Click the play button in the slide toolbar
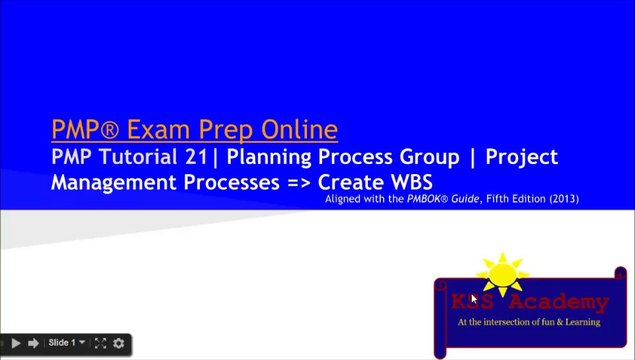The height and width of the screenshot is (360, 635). tap(15, 343)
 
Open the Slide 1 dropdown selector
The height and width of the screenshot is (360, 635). tap(66, 343)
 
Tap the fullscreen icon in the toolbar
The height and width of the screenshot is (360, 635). tap(101, 343)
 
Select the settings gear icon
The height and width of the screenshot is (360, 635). tap(119, 343)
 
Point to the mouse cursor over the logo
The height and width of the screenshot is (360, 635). tap(474, 298)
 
